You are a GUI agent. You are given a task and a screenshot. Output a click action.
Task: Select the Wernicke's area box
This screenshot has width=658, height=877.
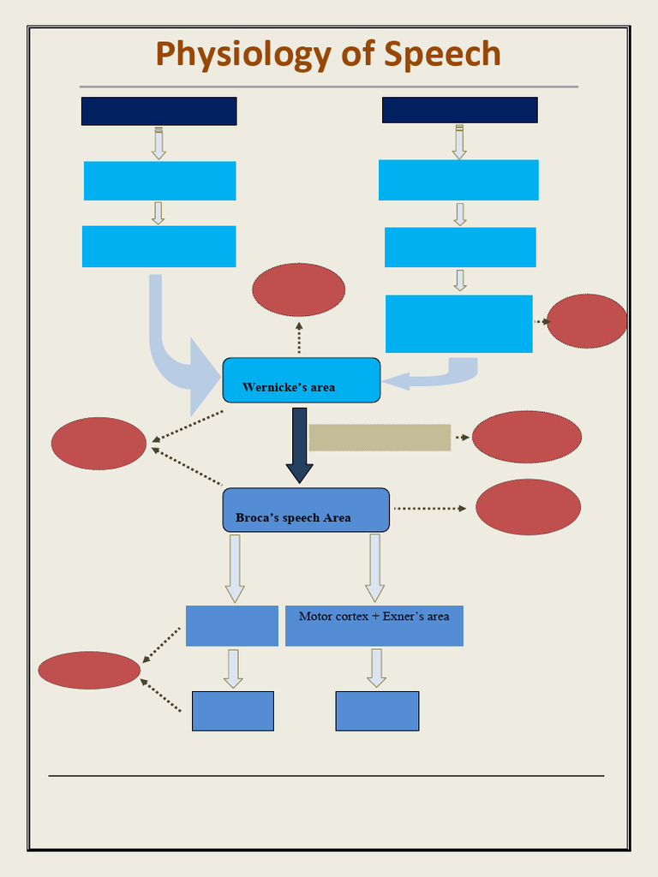[301, 380]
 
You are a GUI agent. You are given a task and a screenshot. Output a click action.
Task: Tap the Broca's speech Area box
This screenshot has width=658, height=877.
[306, 510]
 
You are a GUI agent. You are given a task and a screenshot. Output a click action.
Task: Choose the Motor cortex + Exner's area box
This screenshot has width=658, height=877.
[374, 626]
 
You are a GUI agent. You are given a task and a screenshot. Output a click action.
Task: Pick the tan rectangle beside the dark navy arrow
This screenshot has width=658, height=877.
[380, 438]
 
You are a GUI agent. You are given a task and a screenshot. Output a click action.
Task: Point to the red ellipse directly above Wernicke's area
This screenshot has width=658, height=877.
[298, 289]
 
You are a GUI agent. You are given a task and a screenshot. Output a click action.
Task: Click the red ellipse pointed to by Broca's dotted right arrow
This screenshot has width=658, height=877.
[528, 507]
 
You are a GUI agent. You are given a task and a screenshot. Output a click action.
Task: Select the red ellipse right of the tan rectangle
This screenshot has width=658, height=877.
[526, 437]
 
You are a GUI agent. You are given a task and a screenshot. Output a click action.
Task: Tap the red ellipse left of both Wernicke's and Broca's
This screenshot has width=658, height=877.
[99, 444]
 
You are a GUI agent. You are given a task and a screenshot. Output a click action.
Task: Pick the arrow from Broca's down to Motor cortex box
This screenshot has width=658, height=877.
[374, 567]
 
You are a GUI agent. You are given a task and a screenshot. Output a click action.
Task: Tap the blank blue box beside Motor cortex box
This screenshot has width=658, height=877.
[231, 626]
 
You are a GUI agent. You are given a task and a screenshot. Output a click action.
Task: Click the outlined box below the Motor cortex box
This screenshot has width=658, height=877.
[377, 711]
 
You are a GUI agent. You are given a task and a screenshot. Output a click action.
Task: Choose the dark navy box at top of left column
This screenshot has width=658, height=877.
[159, 111]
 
